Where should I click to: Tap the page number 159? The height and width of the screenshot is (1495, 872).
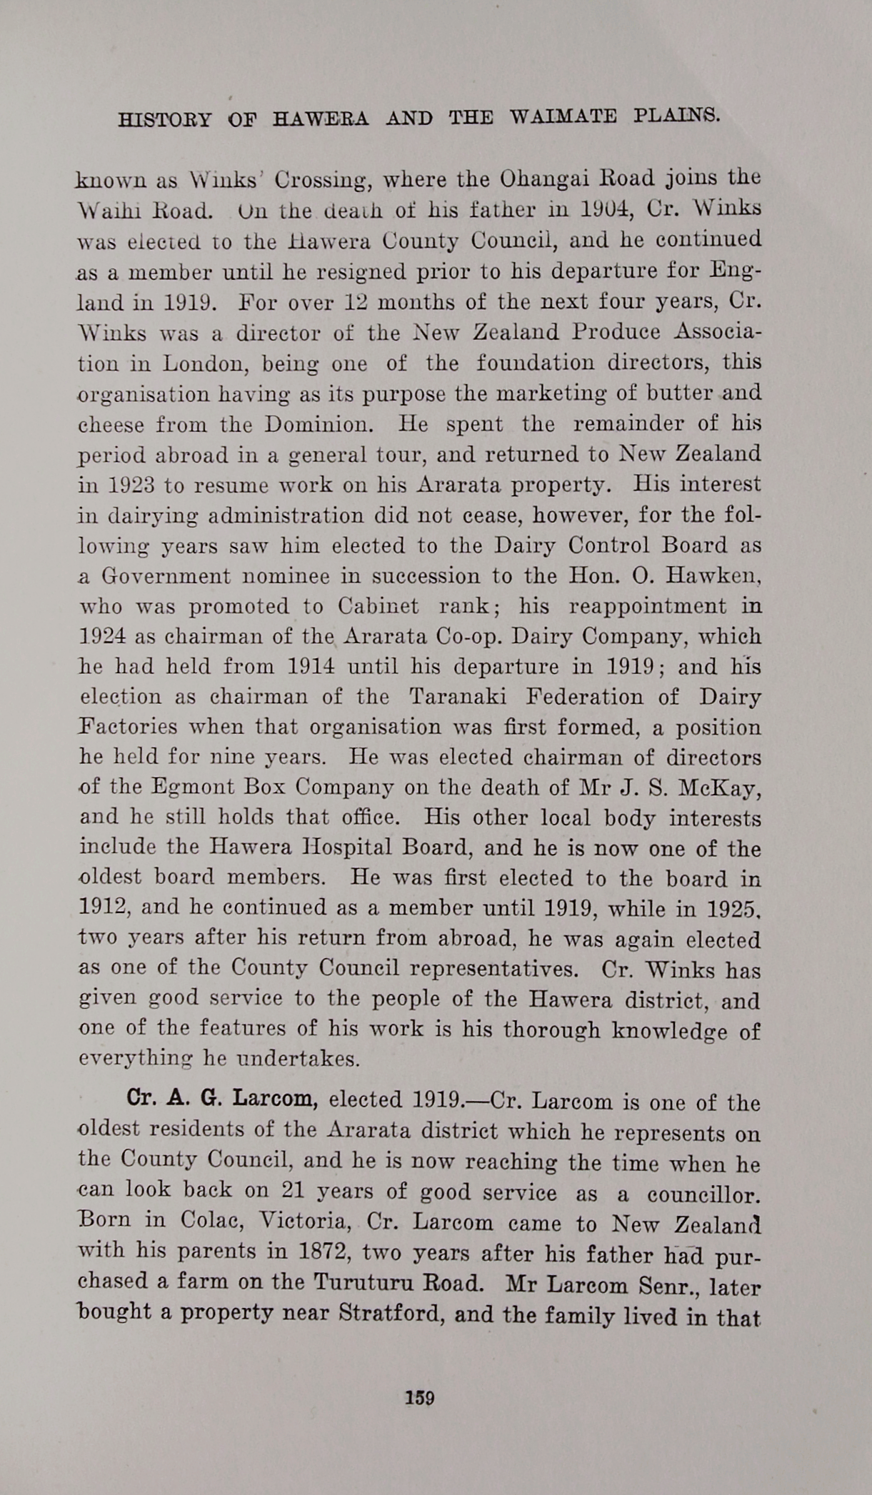pyautogui.click(x=420, y=1398)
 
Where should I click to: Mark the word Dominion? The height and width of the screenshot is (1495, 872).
pyautogui.click(x=319, y=425)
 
